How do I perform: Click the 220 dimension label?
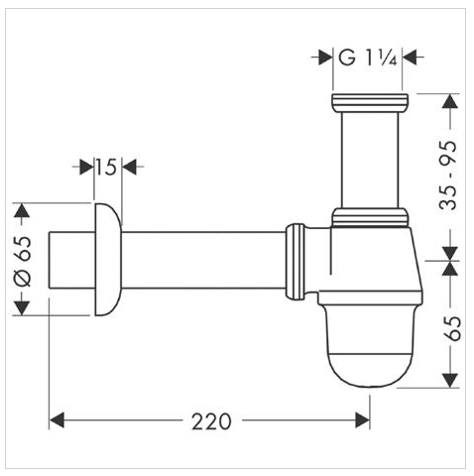pyautogui.click(x=211, y=421)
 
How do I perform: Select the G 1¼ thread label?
pyautogui.click(x=367, y=59)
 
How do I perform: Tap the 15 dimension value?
pyautogui.click(x=106, y=167)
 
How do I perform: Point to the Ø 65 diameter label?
pyautogui.click(x=23, y=261)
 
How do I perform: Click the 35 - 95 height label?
pyautogui.click(x=447, y=176)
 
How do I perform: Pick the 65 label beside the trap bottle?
pyautogui.click(x=452, y=328)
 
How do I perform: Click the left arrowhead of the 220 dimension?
pyautogui.click(x=57, y=420)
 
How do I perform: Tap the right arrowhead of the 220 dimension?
pyautogui.click(x=363, y=420)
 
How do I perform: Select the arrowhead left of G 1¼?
pyautogui.click(x=325, y=59)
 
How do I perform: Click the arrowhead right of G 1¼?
pyautogui.click(x=410, y=59)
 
